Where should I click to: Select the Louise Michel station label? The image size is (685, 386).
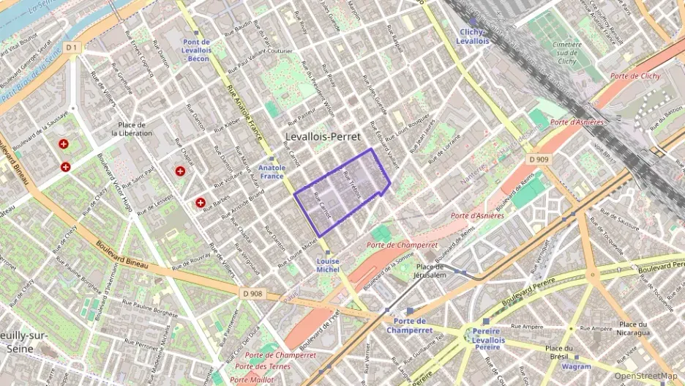[x=328, y=265]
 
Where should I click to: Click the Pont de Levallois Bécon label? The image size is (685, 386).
[x=197, y=51]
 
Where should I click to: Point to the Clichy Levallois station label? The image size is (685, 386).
[x=473, y=37]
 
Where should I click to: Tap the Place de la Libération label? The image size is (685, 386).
[x=132, y=129]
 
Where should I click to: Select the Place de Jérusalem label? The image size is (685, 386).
[x=431, y=271]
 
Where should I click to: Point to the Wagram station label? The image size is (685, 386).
[x=576, y=365]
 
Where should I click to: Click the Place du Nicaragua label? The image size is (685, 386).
[x=634, y=328]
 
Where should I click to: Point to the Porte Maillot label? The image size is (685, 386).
[x=252, y=379]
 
